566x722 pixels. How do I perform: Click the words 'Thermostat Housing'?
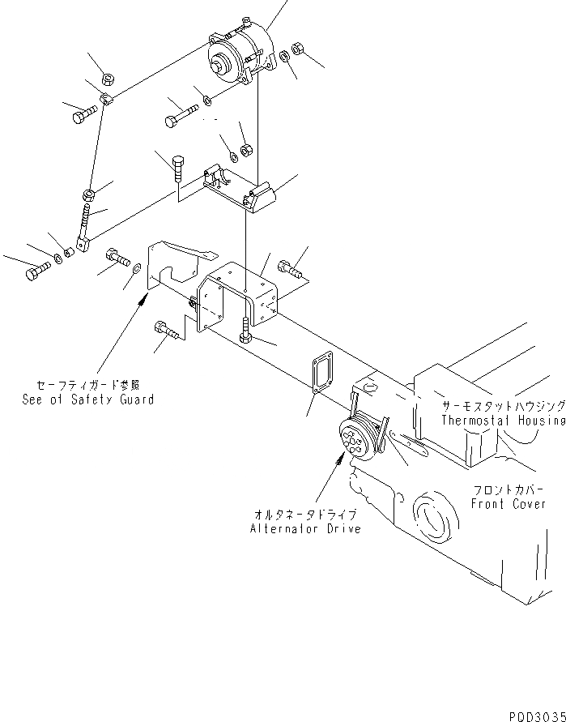coord(502,421)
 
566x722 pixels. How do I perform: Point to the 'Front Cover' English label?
coord(507,503)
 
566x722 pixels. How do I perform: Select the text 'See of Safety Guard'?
coord(88,399)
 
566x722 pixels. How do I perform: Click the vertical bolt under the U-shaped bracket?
coord(245,331)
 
